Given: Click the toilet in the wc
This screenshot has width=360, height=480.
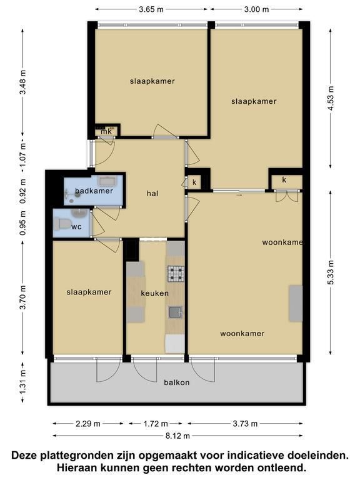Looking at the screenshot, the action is click(x=62, y=224).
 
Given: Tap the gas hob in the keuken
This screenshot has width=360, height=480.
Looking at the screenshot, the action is click(x=176, y=274).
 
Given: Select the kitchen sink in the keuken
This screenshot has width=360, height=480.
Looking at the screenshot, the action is click(x=176, y=312).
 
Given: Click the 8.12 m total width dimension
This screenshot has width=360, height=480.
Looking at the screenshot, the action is click(x=177, y=436).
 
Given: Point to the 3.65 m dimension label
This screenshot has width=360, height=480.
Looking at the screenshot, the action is click(x=151, y=9).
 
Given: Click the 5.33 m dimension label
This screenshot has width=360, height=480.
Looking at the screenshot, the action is click(x=331, y=272).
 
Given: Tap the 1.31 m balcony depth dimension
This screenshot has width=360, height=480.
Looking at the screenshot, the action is click(x=22, y=382).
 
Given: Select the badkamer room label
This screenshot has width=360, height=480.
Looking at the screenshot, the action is click(x=94, y=191).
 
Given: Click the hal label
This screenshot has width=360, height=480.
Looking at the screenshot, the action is click(x=152, y=193).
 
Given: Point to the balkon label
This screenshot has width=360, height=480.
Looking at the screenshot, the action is click(x=177, y=382).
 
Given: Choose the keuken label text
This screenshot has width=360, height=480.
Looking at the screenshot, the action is click(x=154, y=293).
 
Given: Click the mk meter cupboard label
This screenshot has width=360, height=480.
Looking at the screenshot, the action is click(x=106, y=131).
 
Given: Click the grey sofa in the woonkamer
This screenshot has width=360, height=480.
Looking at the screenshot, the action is click(x=296, y=303).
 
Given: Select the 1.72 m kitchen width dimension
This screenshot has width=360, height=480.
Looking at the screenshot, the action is click(x=156, y=424).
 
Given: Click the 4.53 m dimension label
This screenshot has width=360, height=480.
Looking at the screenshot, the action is click(x=331, y=98).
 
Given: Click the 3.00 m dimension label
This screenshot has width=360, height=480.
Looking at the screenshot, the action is click(x=256, y=9).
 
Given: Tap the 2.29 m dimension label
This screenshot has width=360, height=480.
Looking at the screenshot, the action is click(x=88, y=424).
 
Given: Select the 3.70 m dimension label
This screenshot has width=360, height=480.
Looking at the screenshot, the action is click(x=22, y=297).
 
